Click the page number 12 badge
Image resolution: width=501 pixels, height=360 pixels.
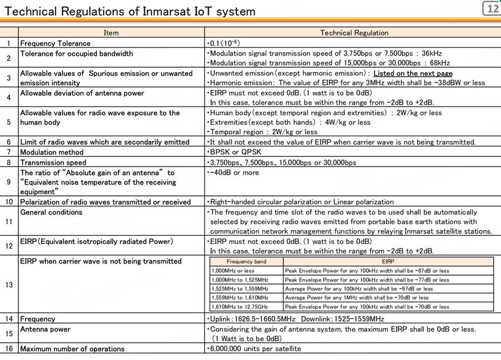coord(492,8)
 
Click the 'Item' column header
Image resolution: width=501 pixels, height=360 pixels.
coord(111,33)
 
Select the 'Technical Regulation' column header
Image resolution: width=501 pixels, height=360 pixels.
coord(355,33)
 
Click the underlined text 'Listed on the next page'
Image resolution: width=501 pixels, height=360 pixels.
coord(413,73)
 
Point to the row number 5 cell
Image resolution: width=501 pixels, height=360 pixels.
coord(9,122)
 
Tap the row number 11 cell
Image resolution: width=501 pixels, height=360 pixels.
coord(9,221)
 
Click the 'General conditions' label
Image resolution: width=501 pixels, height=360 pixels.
coord(51,212)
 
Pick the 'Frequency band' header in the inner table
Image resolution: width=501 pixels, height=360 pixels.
coord(246,261)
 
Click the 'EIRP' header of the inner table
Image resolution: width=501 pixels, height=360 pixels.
coord(388,261)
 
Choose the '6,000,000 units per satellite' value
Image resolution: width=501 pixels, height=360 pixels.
coord(254,348)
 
